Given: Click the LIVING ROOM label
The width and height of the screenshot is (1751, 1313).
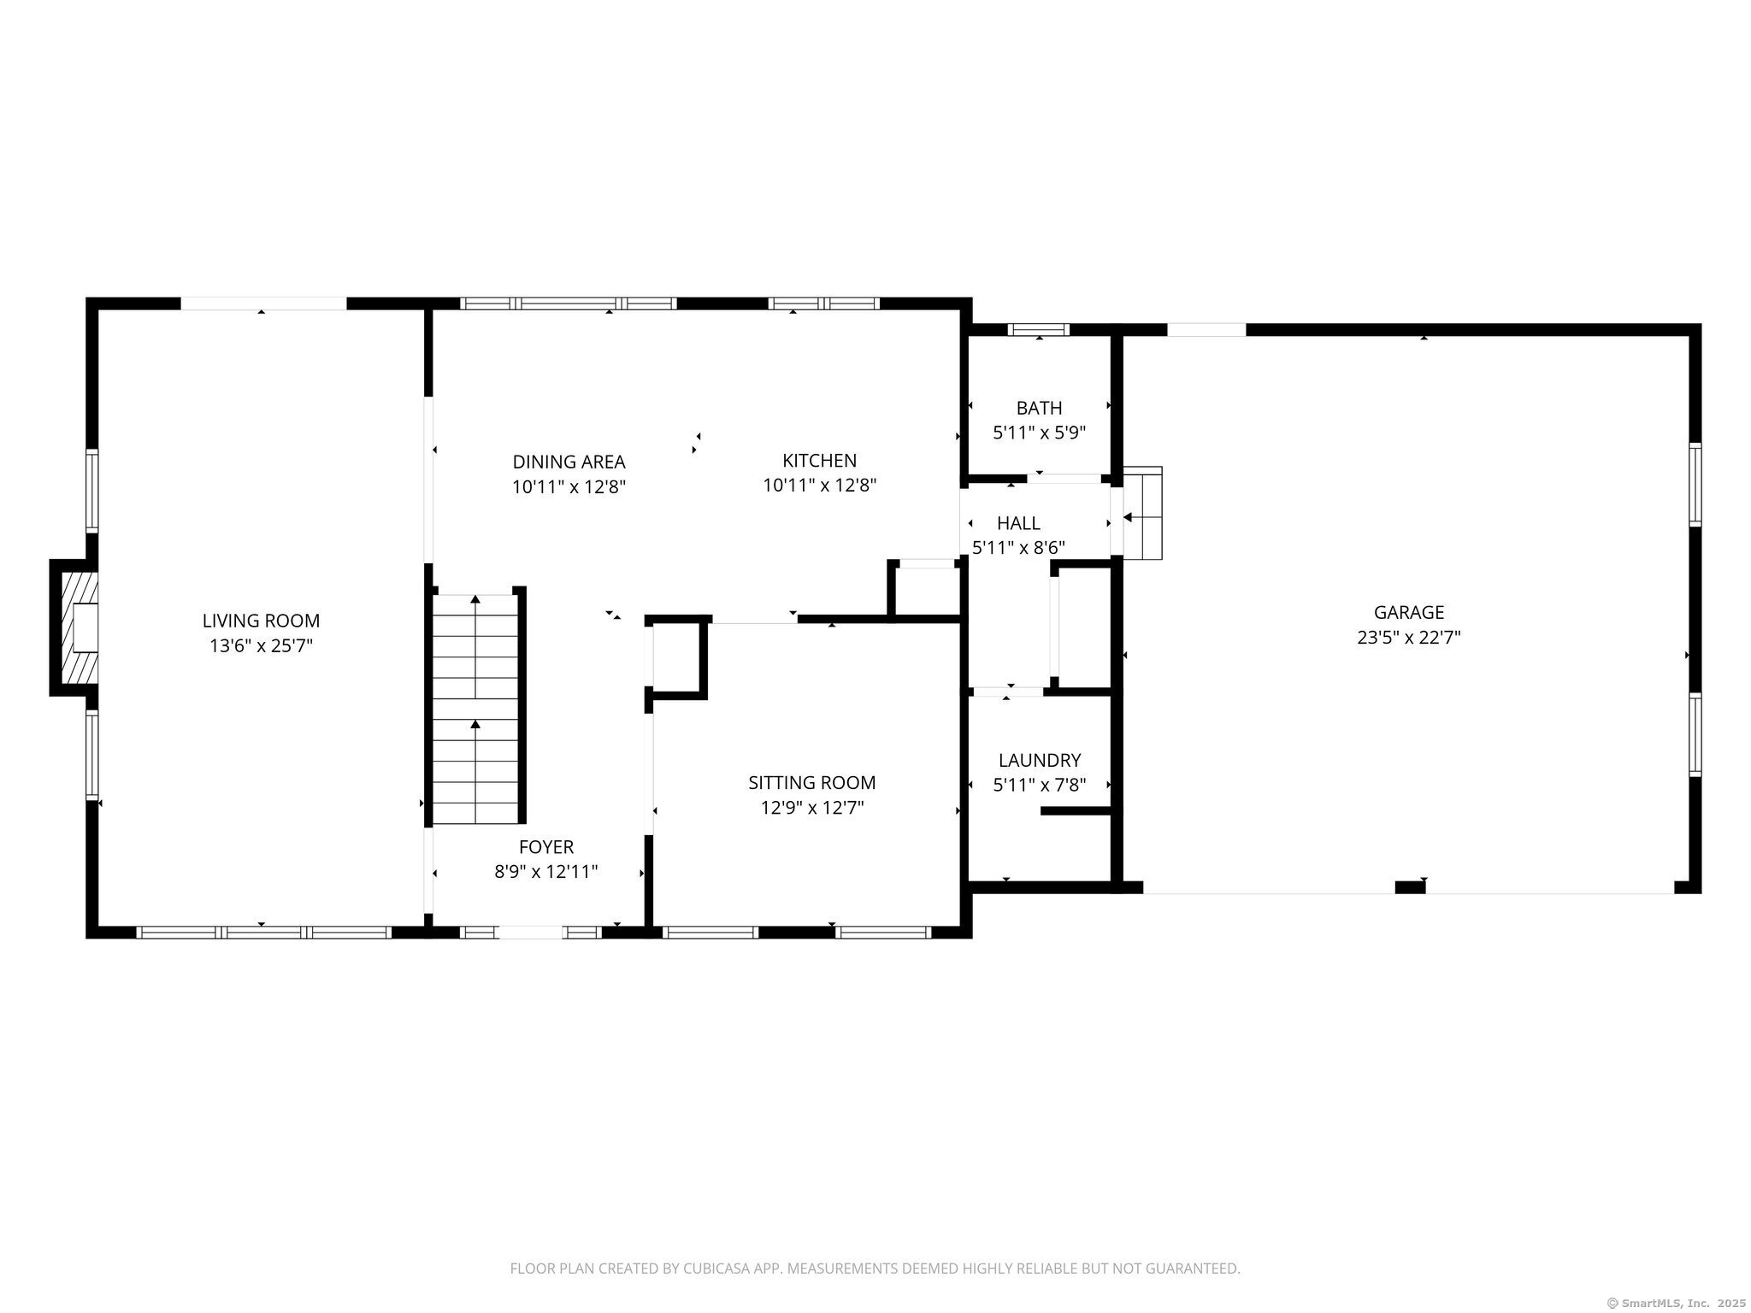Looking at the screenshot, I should [261, 621].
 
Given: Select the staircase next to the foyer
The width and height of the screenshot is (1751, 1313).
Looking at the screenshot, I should [475, 709].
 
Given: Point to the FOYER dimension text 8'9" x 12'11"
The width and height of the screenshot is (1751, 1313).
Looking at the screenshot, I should [545, 872].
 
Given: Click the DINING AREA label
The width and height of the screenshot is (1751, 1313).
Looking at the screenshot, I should [569, 462].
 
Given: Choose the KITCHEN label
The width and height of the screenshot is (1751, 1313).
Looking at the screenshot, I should [819, 461].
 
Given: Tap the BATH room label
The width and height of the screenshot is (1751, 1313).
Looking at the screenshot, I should [1039, 408].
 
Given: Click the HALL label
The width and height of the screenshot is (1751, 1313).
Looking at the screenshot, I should [1018, 523].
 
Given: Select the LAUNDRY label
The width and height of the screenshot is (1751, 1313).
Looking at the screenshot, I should [1039, 760].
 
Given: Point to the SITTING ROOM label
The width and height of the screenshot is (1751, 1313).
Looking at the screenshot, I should [811, 782].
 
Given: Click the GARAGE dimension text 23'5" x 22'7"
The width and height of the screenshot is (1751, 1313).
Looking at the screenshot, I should [1408, 638].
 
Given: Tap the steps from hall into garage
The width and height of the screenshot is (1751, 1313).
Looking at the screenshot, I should [1143, 514].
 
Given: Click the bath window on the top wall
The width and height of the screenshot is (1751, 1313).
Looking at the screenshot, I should [1038, 330].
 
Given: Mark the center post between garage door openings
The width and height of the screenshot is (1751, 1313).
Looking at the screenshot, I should [1410, 887].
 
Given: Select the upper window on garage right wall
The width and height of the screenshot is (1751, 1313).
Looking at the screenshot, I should [1695, 484].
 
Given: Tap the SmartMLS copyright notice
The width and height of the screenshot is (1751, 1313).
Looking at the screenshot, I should [1676, 1303].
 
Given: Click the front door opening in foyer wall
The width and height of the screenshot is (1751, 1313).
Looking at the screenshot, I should [530, 932].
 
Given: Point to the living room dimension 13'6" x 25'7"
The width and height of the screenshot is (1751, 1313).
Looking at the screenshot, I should [261, 646].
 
